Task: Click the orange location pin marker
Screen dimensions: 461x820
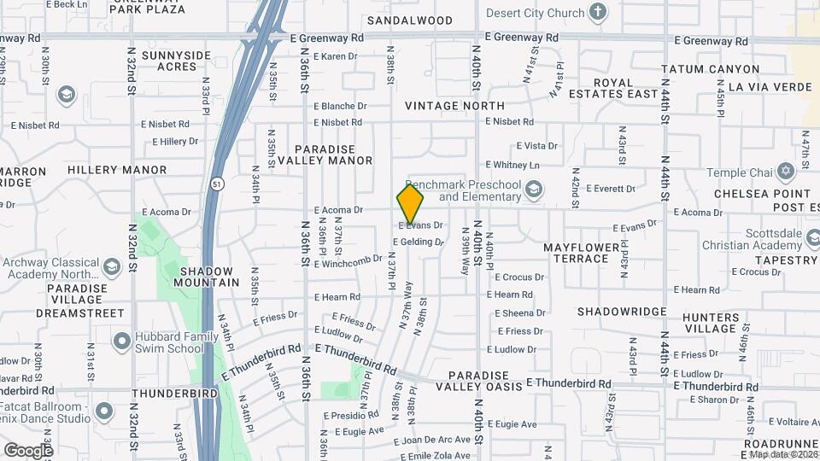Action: tap(410, 203)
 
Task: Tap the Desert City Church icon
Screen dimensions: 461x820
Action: tap(598, 13)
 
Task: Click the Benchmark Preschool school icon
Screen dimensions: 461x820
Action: tap(534, 189)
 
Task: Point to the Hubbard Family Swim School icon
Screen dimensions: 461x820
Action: tap(121, 341)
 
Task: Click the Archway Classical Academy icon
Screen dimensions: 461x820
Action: tap(110, 268)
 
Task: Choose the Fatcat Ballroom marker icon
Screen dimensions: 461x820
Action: tap(104, 411)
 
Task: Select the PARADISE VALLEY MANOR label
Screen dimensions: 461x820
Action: tap(334, 154)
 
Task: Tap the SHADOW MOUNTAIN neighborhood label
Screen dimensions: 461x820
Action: tap(207, 276)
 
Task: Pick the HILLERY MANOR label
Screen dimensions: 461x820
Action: tap(117, 170)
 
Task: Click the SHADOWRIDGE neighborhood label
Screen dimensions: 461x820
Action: tap(620, 312)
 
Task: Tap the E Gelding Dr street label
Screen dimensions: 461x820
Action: tap(419, 242)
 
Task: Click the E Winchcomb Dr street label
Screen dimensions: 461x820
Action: tap(348, 260)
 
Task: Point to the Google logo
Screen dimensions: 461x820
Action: tap(28, 450)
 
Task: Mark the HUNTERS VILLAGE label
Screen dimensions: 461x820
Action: tap(710, 323)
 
